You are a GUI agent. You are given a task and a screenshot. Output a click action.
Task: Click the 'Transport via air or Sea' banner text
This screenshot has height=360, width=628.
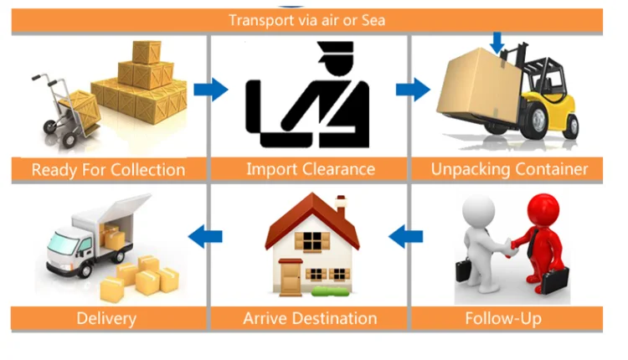coord(306,20)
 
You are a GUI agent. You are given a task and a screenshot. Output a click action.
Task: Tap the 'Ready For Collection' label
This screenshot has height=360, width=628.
coord(108,169)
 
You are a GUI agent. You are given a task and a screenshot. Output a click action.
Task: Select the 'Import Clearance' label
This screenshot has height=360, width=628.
coord(310,169)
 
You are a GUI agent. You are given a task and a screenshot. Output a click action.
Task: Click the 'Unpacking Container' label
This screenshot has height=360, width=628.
coord(509,169)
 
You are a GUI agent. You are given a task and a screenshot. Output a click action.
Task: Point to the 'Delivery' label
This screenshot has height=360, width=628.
coord(106,318)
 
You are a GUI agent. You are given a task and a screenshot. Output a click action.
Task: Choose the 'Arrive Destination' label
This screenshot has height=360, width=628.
coord(310,318)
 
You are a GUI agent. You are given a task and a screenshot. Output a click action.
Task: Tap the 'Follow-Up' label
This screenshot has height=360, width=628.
coord(502,318)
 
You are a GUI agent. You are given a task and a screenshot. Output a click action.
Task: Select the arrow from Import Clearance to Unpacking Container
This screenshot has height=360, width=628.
coord(412,89)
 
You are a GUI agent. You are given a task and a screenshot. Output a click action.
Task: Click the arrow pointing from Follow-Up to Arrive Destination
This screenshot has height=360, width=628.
coord(408,235)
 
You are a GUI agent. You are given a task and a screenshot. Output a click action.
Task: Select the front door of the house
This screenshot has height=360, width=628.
coord(290,275)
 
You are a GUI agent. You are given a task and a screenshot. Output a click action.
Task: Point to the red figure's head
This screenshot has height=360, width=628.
coord(545,206)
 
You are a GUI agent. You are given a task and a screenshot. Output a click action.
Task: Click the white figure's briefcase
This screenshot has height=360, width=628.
coord(465,273)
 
